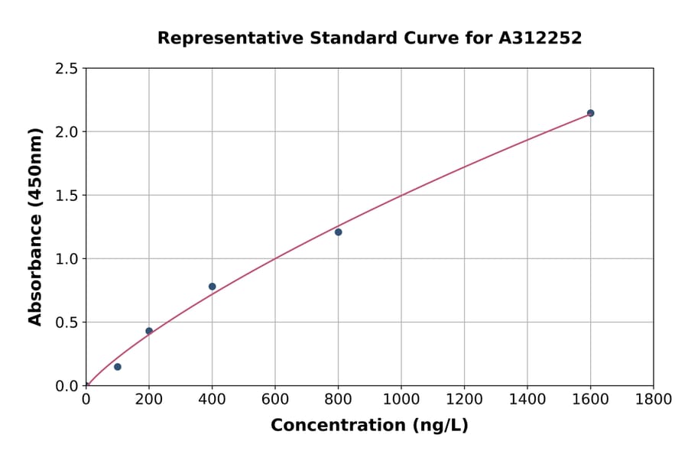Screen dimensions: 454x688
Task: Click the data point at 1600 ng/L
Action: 590,113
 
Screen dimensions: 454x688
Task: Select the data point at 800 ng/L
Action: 338,232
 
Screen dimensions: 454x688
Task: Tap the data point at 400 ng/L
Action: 212,287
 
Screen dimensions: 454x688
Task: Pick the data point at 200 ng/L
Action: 149,331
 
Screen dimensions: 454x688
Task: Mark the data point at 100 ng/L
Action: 118,367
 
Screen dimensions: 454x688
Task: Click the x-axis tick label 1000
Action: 401,399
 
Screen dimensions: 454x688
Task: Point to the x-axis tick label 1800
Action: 653,399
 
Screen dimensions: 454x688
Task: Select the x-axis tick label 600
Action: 275,399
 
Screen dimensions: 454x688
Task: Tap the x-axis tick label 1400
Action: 527,399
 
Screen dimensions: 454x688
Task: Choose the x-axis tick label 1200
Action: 464,399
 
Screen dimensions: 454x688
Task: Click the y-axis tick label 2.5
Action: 67,69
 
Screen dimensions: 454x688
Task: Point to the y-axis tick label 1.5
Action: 67,196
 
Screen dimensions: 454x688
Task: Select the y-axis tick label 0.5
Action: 67,323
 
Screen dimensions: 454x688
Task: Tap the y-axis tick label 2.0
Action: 67,132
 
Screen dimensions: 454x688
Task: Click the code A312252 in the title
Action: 540,38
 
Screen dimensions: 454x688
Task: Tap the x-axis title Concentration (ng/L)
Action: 369,426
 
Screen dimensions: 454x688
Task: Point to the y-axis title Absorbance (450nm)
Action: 35,226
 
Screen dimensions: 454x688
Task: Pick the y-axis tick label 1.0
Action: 67,259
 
